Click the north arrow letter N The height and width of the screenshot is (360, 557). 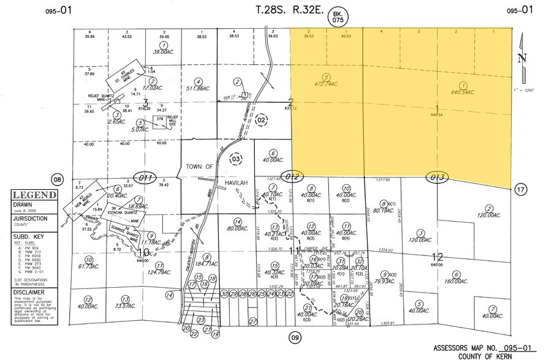point(522,59)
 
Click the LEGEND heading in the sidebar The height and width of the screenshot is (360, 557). point(34,195)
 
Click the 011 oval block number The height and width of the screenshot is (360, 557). point(146,178)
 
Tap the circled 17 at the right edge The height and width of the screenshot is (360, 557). point(521,189)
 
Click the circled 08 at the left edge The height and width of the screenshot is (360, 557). point(58,179)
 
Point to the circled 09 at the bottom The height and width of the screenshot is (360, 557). point(295,337)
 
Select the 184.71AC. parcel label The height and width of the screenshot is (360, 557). point(208,264)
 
